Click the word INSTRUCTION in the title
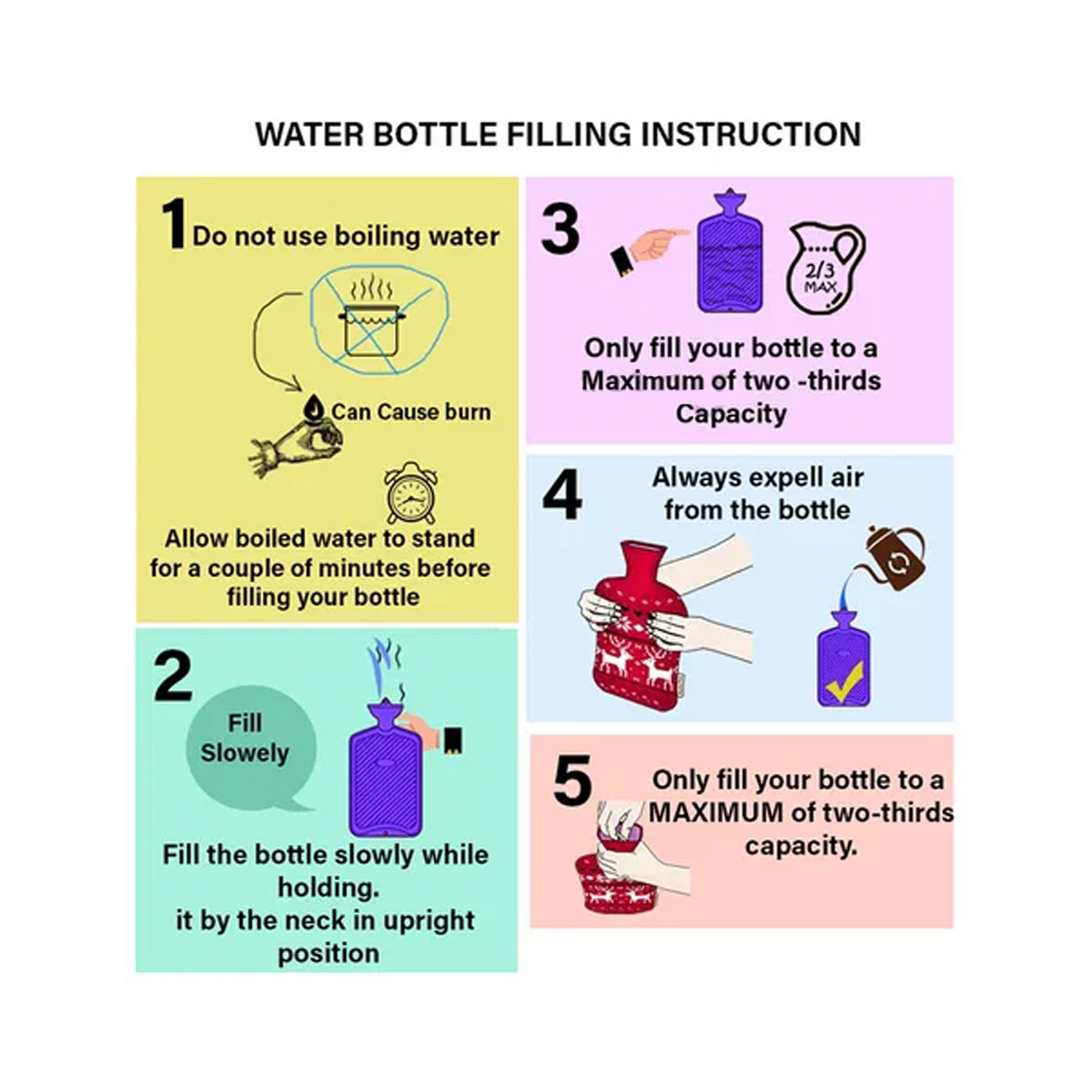tap(751, 134)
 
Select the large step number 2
tap(173, 676)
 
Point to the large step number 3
tap(560, 229)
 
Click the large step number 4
tap(562, 494)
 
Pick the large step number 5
tap(572, 780)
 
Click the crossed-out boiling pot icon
tap(378, 320)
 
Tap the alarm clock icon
tap(411, 493)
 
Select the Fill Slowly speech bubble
tap(250, 749)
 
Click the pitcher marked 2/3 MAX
tap(825, 268)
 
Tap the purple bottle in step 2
tap(385, 770)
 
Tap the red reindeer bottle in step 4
tap(639, 626)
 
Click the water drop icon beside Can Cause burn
tap(314, 407)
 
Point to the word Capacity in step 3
tap(731, 414)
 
